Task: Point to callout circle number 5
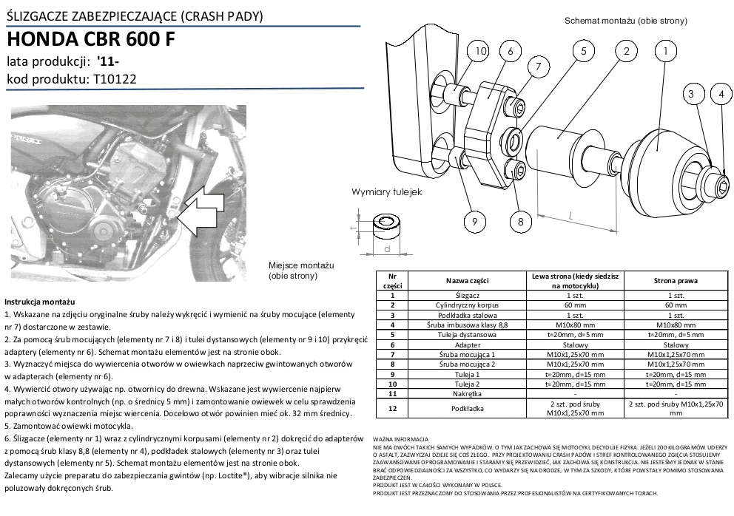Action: coord(583,52)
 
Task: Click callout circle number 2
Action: coord(626,52)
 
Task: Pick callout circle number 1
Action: coord(666,52)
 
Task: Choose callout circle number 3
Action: coord(692,94)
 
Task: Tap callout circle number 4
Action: coord(719,94)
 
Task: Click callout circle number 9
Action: coord(474,221)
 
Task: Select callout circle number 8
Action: coord(520,221)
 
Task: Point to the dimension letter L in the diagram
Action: coord(572,216)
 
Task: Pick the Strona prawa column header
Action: coord(676,282)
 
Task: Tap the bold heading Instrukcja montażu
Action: coord(40,303)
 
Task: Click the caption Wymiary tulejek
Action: coord(385,192)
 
